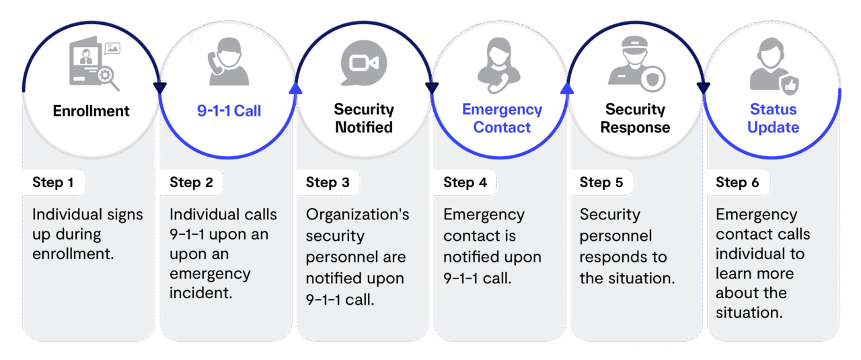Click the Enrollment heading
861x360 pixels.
91,111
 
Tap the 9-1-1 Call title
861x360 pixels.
229,111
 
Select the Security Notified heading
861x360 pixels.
363,118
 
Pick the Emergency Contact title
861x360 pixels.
502,118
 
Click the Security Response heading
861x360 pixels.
635,118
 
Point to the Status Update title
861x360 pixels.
773,118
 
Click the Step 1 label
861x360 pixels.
53,182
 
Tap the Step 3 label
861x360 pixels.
328,182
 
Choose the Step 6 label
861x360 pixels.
738,182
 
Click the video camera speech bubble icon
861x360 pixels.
364,63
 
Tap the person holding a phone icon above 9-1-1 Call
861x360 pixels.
228,62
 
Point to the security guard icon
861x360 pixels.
635,65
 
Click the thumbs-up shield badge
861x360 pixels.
788,85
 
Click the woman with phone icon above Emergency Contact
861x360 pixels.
500,64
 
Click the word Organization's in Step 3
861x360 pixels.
357,215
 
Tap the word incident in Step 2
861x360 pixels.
199,293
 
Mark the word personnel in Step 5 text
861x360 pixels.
615,236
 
